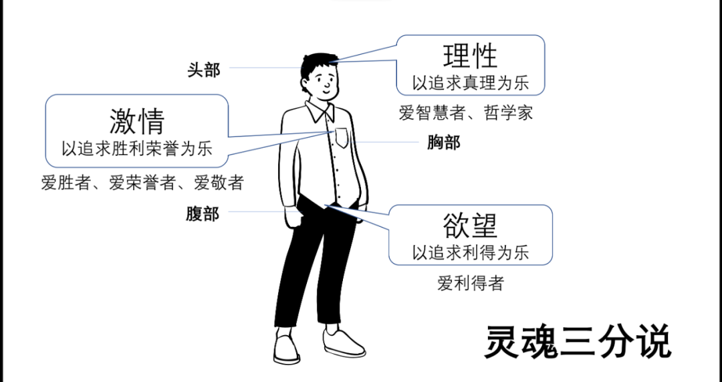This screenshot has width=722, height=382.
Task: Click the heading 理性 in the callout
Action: pyautogui.click(x=471, y=57)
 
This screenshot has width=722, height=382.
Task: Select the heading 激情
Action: pyautogui.click(x=137, y=121)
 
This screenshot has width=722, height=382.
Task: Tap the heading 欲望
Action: pyautogui.click(x=470, y=226)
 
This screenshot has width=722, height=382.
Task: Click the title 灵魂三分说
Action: pyautogui.click(x=577, y=343)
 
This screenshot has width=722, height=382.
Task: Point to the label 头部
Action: pyautogui.click(x=203, y=70)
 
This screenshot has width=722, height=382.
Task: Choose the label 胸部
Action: pyautogui.click(x=444, y=142)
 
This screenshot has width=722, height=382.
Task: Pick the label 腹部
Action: pyautogui.click(x=203, y=214)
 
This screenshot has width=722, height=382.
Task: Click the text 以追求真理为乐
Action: pyautogui.click(x=471, y=83)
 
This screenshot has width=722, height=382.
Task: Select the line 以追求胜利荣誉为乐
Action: pyautogui.click(x=137, y=149)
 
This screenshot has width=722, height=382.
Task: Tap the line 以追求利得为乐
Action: pyautogui.click(x=470, y=252)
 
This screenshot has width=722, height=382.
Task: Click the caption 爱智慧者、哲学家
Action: pyautogui.click(x=466, y=112)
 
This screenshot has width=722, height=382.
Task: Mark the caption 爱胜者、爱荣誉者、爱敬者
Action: pyautogui.click(x=142, y=183)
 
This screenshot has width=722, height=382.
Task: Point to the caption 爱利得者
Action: pyautogui.click(x=470, y=283)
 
